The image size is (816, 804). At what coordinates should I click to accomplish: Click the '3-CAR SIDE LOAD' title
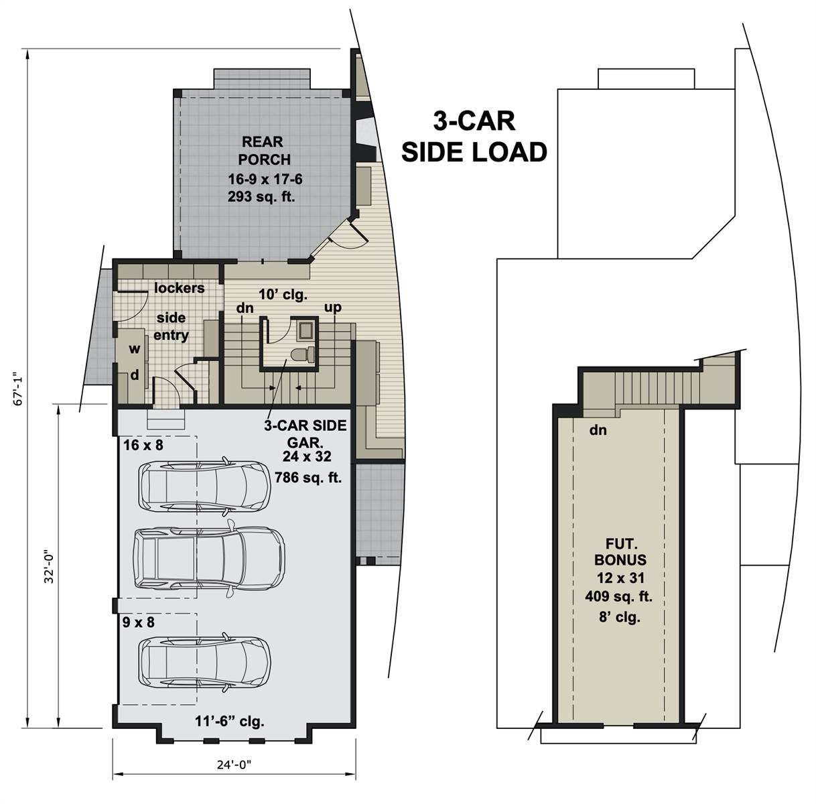pyautogui.click(x=474, y=137)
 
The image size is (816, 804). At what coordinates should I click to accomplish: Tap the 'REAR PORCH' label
pyautogui.click(x=263, y=151)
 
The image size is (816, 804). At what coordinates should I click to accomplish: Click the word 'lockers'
pyautogui.click(x=180, y=288)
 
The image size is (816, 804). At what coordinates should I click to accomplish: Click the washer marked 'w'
pyautogui.click(x=134, y=348)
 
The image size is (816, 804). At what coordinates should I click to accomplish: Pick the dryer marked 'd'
pyautogui.click(x=134, y=375)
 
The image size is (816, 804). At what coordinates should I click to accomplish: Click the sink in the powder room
pyautogui.click(x=306, y=330)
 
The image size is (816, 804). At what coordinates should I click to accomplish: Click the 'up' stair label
pyautogui.click(x=333, y=308)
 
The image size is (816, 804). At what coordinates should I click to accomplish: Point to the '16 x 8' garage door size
pyautogui.click(x=143, y=444)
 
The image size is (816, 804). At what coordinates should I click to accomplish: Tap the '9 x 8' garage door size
pyautogui.click(x=138, y=622)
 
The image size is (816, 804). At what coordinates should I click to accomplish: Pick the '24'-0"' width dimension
pyautogui.click(x=234, y=763)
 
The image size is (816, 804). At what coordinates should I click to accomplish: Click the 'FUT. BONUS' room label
pyautogui.click(x=620, y=551)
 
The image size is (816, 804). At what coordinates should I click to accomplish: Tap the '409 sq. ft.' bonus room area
pyautogui.click(x=620, y=596)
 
